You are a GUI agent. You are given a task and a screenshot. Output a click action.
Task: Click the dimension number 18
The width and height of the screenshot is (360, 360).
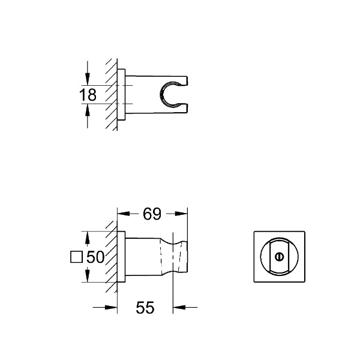[88, 94]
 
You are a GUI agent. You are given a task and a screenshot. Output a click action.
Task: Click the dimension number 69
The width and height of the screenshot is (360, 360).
[152, 212]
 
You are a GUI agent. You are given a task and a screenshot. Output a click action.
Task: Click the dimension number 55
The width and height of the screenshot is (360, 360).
[145, 308]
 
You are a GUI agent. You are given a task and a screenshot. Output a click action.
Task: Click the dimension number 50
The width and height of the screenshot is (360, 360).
[96, 258]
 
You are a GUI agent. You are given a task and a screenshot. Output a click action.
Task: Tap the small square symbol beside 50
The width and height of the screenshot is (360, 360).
[76, 258]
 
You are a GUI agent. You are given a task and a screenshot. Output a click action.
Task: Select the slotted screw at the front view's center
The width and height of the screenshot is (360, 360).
[278, 257]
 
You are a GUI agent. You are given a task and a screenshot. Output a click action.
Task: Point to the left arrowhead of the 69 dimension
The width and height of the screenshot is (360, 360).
[121, 212]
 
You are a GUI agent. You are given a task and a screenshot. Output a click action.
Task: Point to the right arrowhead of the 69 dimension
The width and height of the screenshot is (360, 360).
[184, 212]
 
